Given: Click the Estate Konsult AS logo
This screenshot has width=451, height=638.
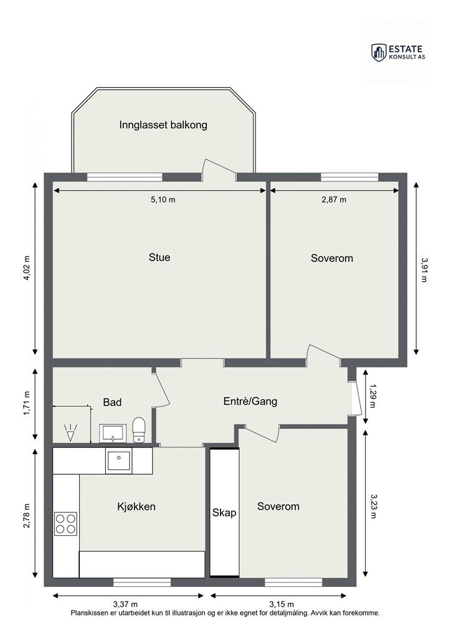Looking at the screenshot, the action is click(398, 52).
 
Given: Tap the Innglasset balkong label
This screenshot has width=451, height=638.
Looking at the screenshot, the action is click(163, 125).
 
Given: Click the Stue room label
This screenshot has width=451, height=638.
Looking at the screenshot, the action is click(159, 257).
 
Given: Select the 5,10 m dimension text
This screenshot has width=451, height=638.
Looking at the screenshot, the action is click(163, 199).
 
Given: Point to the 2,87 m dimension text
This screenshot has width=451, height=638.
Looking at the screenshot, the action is click(334, 199).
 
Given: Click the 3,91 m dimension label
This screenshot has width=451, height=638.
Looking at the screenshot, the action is click(424, 270).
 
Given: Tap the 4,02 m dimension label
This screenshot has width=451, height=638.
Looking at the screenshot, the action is click(27, 268).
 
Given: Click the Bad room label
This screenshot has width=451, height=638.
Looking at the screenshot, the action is click(112, 402).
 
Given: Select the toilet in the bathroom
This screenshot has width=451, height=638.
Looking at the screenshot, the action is click(139, 429).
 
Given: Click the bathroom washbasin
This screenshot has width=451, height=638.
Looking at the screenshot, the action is click(112, 433).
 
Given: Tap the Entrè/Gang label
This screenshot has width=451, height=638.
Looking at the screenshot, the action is click(250, 401).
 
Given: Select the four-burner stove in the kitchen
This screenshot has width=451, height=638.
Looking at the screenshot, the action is click(66, 523).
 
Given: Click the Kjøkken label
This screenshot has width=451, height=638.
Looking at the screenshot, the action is click(136, 507).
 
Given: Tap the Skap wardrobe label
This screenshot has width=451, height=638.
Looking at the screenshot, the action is click(224, 513).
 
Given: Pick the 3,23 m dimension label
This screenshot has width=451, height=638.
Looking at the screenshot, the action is click(373, 506).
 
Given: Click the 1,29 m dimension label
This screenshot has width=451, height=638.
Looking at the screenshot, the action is click(373, 396).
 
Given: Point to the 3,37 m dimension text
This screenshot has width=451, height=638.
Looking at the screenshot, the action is click(125, 604).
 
